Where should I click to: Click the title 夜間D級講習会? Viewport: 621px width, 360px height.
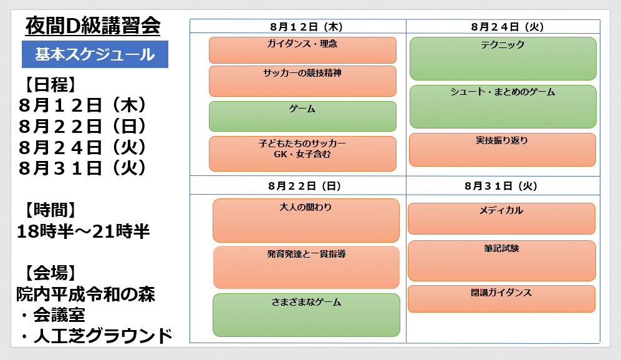93,27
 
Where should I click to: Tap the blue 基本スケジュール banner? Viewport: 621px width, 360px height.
95,54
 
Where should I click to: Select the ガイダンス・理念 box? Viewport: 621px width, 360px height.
302,50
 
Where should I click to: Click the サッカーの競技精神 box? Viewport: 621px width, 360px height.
302,81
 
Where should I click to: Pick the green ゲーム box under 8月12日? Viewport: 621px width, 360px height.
302,116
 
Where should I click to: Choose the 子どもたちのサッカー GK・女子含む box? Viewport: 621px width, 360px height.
302,154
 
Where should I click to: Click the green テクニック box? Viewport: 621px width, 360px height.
503,59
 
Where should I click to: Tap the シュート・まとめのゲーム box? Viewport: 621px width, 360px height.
503,107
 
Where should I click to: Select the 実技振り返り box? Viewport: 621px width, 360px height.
503,150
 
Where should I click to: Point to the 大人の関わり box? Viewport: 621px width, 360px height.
306,220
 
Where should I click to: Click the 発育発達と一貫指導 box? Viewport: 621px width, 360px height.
306,267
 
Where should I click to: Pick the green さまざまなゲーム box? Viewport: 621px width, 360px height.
306,315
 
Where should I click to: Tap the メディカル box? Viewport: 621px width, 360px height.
501,219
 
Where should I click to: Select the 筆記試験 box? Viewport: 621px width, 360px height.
502,261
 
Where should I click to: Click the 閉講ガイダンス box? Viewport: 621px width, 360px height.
501,299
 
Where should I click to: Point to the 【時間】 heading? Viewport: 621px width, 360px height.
51,210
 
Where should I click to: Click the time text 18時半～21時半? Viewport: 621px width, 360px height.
83,231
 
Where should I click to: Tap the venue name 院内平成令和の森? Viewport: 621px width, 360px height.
86,294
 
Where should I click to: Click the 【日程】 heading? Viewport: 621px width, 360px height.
51,84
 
